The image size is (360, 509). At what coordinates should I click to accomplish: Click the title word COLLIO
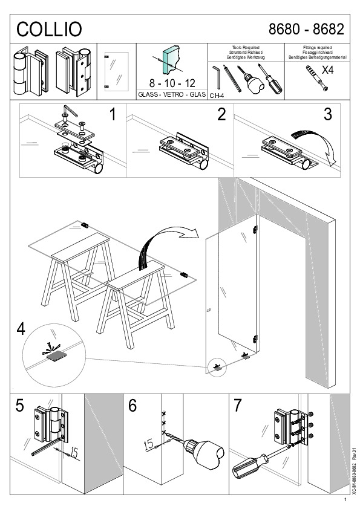[49, 29]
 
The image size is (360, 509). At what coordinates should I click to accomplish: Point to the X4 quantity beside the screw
[327, 70]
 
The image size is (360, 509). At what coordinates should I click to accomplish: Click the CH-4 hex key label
[217, 96]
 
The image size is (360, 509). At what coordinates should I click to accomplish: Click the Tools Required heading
[245, 47]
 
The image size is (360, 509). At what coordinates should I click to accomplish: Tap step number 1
[112, 114]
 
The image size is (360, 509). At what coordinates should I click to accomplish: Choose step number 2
[221, 114]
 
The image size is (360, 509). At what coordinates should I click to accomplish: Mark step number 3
[327, 114]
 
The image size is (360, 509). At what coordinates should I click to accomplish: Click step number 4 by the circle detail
[21, 329]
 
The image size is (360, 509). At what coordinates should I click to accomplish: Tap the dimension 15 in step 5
[74, 451]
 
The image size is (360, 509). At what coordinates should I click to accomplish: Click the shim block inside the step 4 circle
[55, 357]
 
